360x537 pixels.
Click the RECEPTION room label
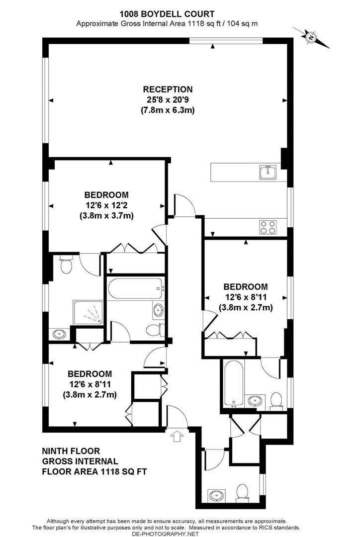168,89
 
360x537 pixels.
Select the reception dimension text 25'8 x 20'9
168,100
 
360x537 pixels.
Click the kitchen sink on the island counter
267,172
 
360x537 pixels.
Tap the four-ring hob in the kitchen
267,227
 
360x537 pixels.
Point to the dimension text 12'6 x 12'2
106,205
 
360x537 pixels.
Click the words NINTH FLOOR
70,451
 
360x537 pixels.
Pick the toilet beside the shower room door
66,266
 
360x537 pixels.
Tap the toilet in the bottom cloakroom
242,493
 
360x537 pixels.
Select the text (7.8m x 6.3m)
168,110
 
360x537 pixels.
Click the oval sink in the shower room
60,334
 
